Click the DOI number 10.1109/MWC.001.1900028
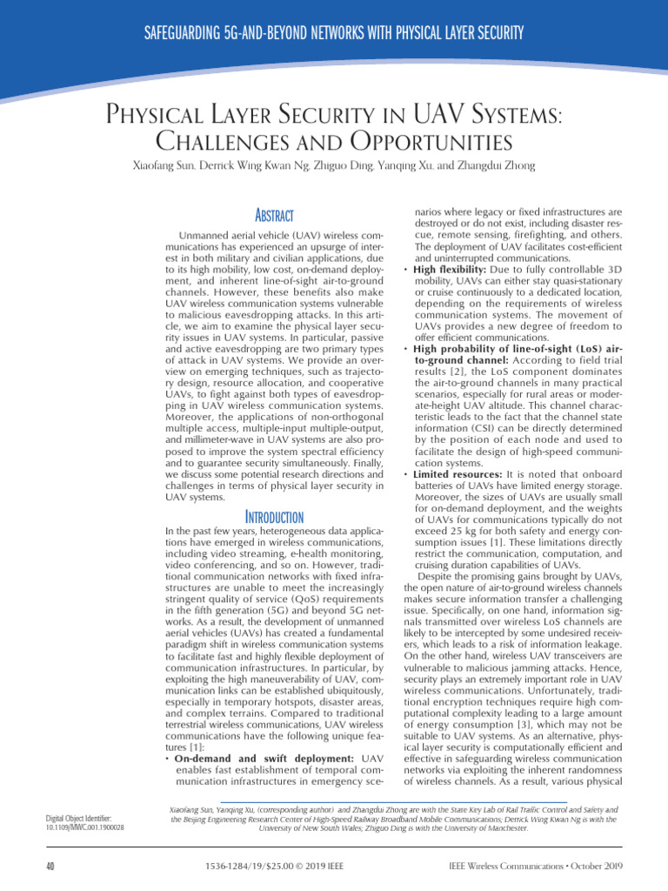point(83,827)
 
